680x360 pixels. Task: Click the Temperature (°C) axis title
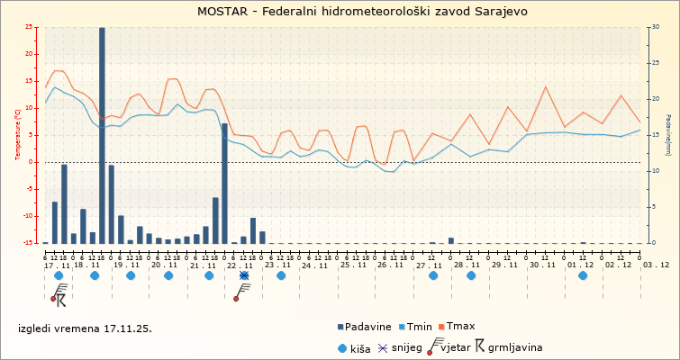(18, 135)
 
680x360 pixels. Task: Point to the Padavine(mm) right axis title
(668, 135)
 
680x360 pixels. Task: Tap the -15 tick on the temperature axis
(32, 243)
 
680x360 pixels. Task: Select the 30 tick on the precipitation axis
(654, 27)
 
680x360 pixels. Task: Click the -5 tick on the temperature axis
(32, 189)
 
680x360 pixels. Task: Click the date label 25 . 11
(352, 265)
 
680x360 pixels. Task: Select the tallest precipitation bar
(102, 135)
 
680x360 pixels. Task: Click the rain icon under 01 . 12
(583, 276)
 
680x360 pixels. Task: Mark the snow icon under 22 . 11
(244, 276)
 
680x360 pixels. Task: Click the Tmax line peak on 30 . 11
(546, 87)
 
